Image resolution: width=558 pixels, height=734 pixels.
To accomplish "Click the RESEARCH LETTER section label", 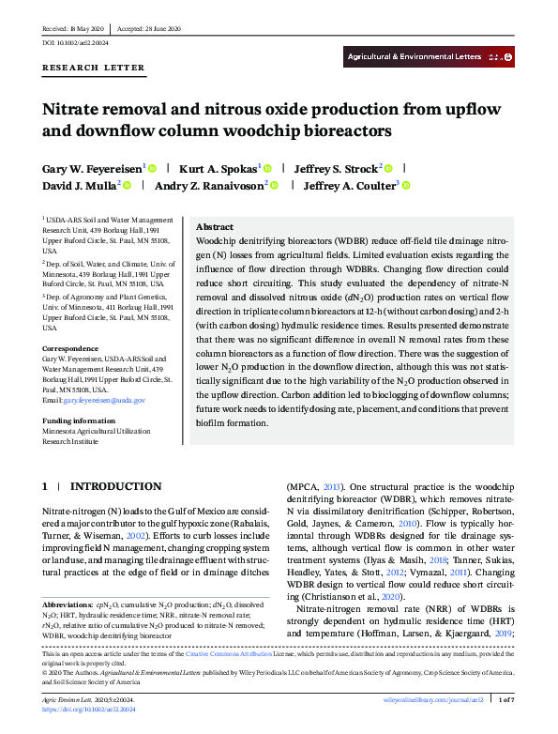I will pos(94,68).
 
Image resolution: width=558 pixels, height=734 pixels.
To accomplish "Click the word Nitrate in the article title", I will pos(74,108).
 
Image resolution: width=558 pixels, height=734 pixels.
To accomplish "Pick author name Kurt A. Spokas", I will pos(218,168).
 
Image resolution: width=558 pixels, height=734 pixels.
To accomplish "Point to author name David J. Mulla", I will pos(78,186).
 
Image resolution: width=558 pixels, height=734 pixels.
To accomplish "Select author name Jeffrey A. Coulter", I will pos(351,186).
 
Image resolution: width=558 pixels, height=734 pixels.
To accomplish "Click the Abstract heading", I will pos(214,227).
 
